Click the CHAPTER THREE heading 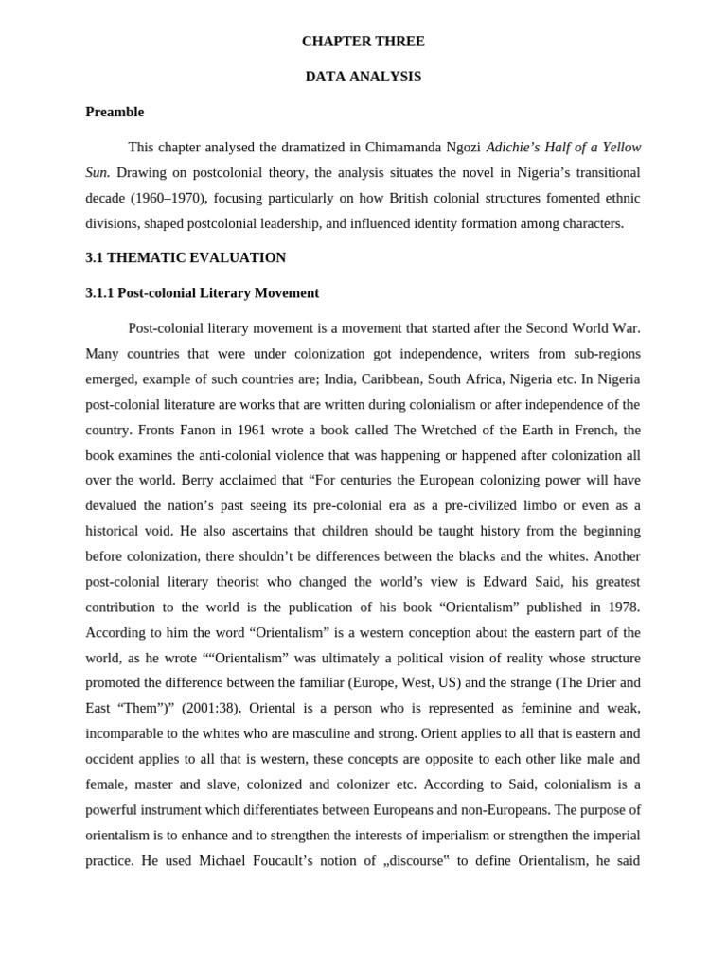[x=363, y=42]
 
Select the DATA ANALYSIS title [x=363, y=77]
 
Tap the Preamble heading [x=115, y=112]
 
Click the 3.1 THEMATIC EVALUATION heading [x=186, y=257]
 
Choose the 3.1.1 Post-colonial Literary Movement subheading [x=202, y=293]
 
